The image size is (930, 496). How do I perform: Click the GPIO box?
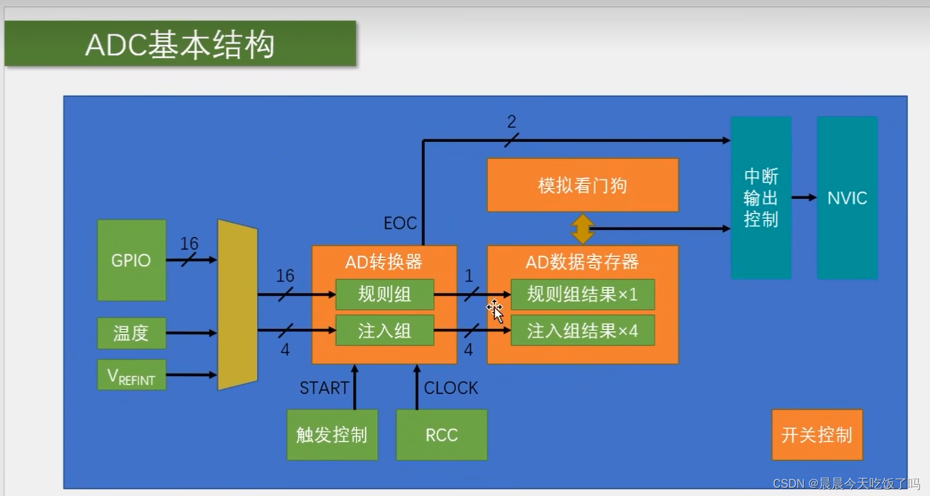tap(131, 260)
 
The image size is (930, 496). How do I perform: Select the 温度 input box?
tap(131, 333)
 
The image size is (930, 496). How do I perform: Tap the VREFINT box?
tap(131, 375)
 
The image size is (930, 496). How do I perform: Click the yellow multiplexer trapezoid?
tap(237, 305)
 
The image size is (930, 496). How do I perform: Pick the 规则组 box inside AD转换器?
tap(384, 295)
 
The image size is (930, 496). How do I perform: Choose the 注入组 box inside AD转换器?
tap(384, 331)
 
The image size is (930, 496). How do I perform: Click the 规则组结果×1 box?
tap(582, 295)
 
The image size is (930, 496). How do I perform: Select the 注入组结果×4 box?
tap(582, 331)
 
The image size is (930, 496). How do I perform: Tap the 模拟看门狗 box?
tap(582, 185)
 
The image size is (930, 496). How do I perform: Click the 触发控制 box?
tap(332, 435)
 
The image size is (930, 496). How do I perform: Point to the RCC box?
tap(441, 435)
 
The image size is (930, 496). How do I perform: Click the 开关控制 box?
tap(817, 435)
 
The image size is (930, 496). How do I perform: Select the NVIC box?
tap(846, 198)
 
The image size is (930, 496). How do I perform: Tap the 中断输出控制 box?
tap(760, 198)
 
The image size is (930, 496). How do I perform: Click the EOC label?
tap(400, 223)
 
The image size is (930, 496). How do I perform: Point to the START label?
tap(324, 388)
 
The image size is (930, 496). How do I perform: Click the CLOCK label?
tap(451, 388)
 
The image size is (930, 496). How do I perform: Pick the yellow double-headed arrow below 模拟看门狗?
tap(582, 229)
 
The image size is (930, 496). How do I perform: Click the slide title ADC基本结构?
tap(180, 44)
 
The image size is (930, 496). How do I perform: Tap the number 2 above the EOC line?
tap(512, 122)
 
